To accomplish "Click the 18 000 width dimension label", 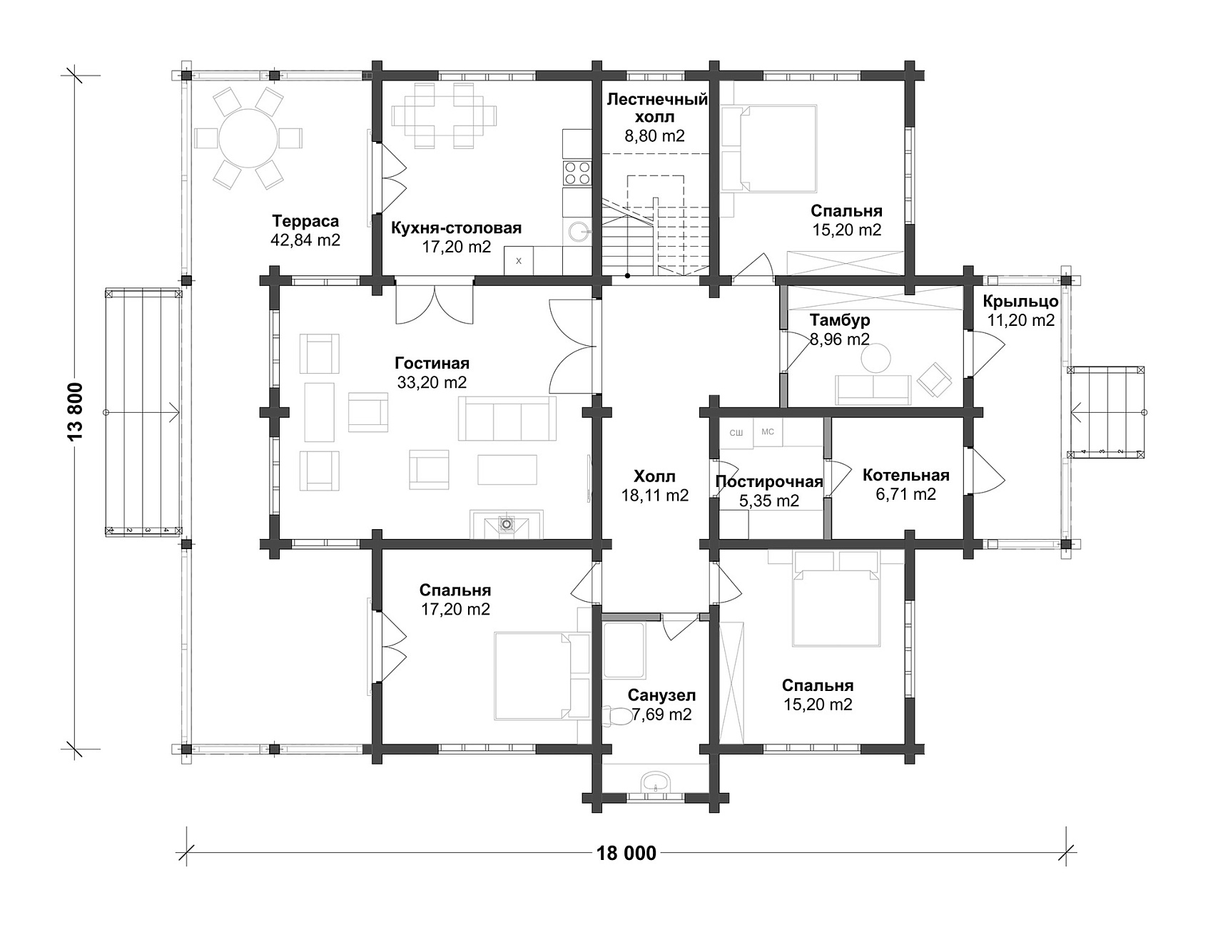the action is (x=624, y=853).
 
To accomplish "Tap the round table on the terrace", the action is (x=248, y=138).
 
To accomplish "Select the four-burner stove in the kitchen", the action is (x=577, y=173).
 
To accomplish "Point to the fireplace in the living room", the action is (x=506, y=524).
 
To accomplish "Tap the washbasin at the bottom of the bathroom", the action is (x=654, y=782).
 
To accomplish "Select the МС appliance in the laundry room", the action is (x=768, y=432).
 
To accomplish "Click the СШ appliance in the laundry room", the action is (x=736, y=433).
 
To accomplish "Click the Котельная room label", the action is (x=905, y=476).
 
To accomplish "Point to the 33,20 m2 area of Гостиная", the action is (x=432, y=382).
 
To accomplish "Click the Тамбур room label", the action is (x=840, y=320).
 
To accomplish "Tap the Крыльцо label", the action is (x=1020, y=302).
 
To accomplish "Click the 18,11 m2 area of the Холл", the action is (x=654, y=495).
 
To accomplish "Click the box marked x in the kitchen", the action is (x=519, y=260).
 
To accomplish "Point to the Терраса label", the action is (x=305, y=222).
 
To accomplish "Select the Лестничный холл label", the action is (x=657, y=108).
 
